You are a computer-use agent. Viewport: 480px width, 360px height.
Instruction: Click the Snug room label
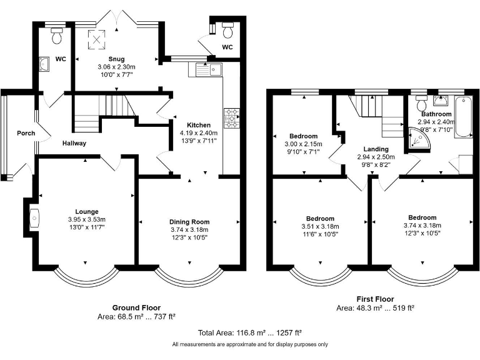click(x=116, y=59)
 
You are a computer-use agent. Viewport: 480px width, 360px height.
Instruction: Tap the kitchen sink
click(x=209, y=70)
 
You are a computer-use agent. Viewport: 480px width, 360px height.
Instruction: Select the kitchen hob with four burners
click(x=232, y=118)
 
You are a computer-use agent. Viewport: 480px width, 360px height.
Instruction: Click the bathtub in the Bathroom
click(x=464, y=117)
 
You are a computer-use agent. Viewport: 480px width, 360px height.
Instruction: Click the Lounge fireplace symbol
click(x=34, y=218)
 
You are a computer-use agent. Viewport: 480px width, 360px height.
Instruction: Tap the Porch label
click(x=26, y=133)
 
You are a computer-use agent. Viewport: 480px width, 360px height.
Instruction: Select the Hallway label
click(x=74, y=143)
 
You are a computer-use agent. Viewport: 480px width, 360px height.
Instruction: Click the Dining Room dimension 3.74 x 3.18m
click(x=189, y=230)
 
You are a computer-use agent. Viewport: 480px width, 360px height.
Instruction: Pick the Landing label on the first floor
click(x=376, y=149)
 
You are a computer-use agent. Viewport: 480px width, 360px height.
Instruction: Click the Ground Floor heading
click(x=136, y=307)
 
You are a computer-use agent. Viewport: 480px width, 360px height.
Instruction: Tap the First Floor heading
click(x=375, y=299)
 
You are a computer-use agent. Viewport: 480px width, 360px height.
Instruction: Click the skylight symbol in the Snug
click(x=96, y=39)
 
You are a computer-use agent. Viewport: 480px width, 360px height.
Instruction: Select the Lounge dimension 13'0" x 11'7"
click(x=87, y=227)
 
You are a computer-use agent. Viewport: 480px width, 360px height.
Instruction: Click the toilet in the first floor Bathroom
click(x=421, y=103)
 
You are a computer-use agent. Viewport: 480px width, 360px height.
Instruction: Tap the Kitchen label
click(x=199, y=125)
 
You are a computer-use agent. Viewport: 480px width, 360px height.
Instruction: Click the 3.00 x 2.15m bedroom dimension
click(x=303, y=144)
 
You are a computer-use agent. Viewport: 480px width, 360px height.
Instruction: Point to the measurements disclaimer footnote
click(x=250, y=344)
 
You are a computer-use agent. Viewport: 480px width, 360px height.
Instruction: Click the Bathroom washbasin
click(x=441, y=100)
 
